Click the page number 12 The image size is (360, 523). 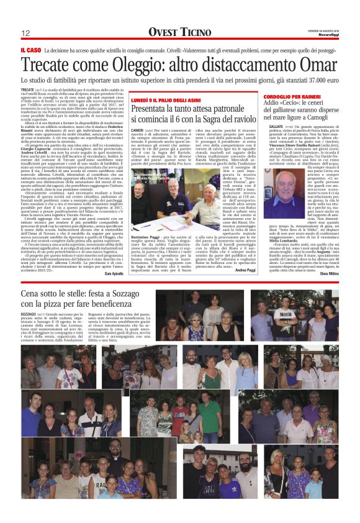[26, 33]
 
